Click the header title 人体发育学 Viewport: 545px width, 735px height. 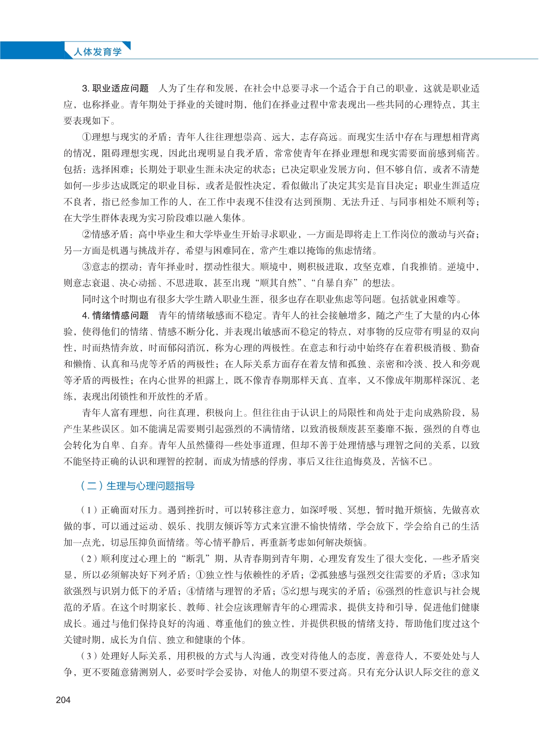point(97,52)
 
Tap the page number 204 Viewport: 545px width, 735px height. point(63,700)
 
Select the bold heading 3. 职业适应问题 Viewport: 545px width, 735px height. point(115,89)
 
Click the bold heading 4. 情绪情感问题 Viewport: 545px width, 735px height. point(115,315)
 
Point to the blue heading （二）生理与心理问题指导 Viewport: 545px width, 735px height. point(137,486)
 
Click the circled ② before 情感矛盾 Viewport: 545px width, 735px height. point(87,234)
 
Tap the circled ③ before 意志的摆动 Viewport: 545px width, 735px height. point(87,267)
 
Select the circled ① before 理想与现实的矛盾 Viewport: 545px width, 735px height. point(87,137)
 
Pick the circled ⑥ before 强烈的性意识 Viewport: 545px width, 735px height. point(380,591)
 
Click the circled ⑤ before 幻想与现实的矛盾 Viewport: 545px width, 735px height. point(286,591)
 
